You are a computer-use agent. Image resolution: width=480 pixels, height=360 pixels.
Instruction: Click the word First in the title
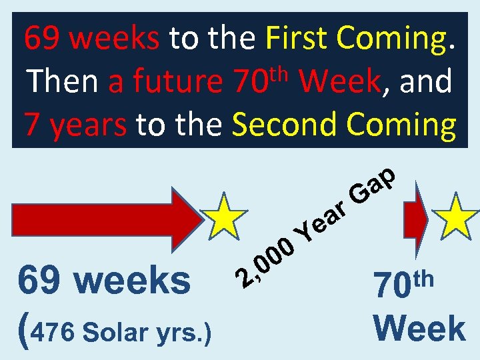297,39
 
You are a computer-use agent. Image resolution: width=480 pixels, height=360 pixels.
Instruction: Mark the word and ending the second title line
423,82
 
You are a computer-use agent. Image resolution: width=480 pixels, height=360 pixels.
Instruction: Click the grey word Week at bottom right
419,329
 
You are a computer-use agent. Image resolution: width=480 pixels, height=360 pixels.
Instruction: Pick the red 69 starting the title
39,39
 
